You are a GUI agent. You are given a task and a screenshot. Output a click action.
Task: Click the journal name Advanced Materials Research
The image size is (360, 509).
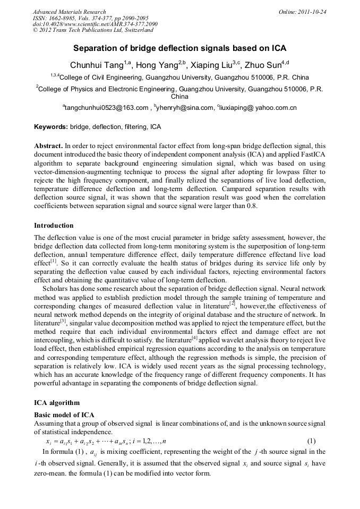(69, 12)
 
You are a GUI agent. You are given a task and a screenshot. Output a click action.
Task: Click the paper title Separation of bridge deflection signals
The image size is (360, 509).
(179, 48)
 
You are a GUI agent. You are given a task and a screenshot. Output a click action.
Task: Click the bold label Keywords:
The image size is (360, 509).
(51, 127)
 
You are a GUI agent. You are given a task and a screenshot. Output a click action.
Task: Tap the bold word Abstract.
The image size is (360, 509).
(48, 145)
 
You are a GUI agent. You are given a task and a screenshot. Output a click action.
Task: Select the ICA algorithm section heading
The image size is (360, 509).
(56, 403)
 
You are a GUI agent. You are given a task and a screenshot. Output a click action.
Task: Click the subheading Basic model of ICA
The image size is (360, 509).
(64, 415)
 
